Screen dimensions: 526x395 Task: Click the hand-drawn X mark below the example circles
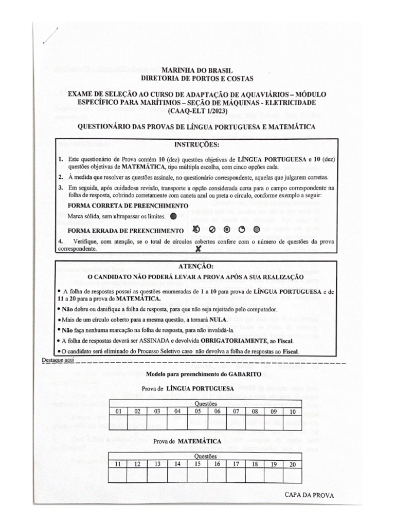[197, 248]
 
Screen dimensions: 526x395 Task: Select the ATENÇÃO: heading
[197, 266]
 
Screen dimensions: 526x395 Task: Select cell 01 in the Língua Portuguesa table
[118, 411]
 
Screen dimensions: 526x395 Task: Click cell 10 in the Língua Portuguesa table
[292, 411]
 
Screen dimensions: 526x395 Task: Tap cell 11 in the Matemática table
[118, 464]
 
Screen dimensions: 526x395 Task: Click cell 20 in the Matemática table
[293, 464]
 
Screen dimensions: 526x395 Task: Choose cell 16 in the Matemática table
[217, 464]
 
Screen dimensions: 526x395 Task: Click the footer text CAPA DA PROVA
[309, 495]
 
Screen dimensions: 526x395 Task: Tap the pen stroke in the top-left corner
[51, 35]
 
